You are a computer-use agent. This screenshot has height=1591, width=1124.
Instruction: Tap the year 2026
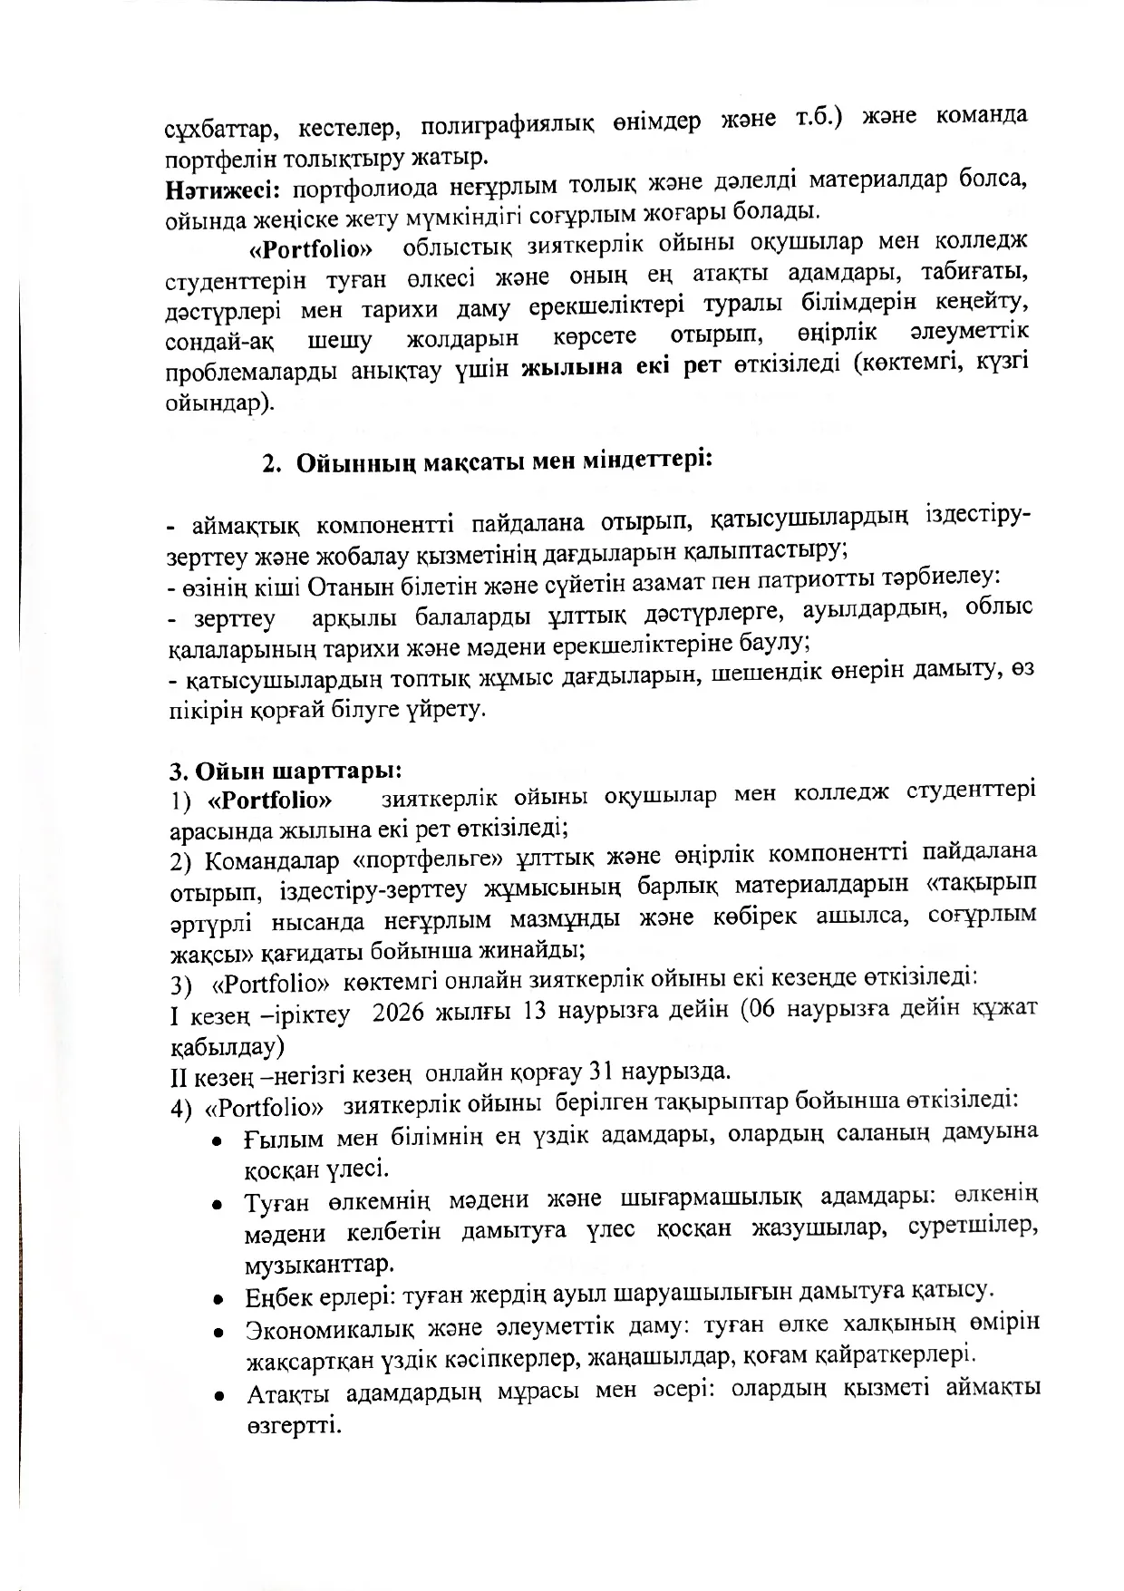click(402, 1013)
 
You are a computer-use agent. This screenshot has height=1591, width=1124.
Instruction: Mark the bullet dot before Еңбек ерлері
click(218, 1297)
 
